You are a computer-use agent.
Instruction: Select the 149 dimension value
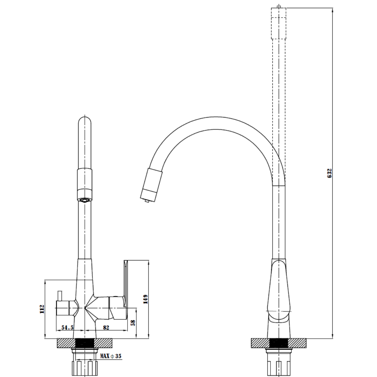point(146,299)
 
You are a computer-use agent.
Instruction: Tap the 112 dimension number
point(42,309)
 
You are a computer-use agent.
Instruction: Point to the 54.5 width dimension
point(67,327)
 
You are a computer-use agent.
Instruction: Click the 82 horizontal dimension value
point(106,327)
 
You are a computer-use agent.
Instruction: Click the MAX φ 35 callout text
point(111,356)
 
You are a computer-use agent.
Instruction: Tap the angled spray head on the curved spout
point(151,185)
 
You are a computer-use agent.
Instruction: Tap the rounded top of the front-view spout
point(85,120)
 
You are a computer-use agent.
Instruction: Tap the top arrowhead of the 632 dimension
point(333,10)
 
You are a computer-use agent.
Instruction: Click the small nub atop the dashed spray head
point(279,7)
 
